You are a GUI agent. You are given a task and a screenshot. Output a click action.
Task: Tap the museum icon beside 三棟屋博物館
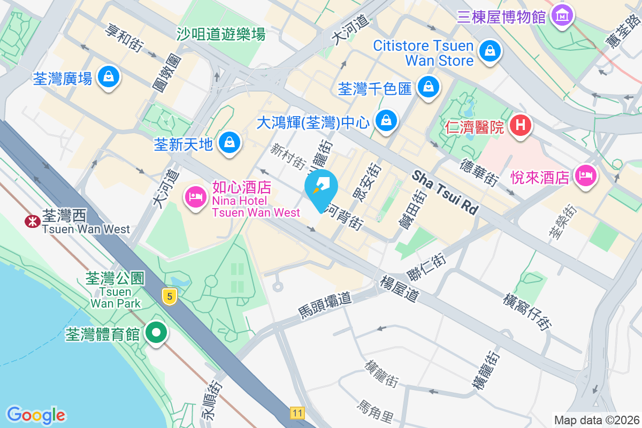[x=562, y=16]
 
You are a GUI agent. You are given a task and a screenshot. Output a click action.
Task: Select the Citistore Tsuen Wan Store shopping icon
[x=490, y=52]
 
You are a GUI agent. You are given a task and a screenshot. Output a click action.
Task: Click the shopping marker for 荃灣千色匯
[x=428, y=87]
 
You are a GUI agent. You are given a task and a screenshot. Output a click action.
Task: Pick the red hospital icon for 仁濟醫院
[x=521, y=126]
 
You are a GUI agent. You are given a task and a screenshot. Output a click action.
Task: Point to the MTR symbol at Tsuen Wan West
[x=32, y=220]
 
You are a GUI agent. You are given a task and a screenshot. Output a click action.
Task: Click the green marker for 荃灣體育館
[x=156, y=334]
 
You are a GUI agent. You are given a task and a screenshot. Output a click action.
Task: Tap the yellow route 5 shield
[x=170, y=296]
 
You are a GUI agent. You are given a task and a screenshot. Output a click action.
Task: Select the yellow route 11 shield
[x=297, y=412]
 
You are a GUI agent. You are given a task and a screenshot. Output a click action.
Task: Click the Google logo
[x=36, y=415]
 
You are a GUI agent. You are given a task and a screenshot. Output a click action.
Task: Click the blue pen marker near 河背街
[x=323, y=187]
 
